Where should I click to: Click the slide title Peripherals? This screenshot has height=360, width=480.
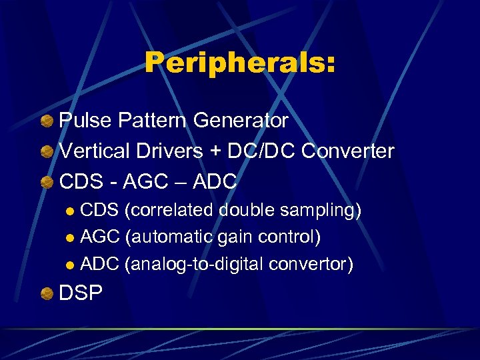(240, 63)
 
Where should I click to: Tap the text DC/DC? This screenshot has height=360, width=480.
(262, 151)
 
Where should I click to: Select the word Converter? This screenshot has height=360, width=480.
(348, 151)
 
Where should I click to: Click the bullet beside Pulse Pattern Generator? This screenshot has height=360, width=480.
(46, 121)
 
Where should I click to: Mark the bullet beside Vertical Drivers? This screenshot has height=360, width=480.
(46, 151)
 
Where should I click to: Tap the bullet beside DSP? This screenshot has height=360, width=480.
(46, 294)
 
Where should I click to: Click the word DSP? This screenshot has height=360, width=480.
(81, 293)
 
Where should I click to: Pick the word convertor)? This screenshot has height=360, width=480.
(311, 265)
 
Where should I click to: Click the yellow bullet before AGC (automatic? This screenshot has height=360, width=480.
(71, 238)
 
